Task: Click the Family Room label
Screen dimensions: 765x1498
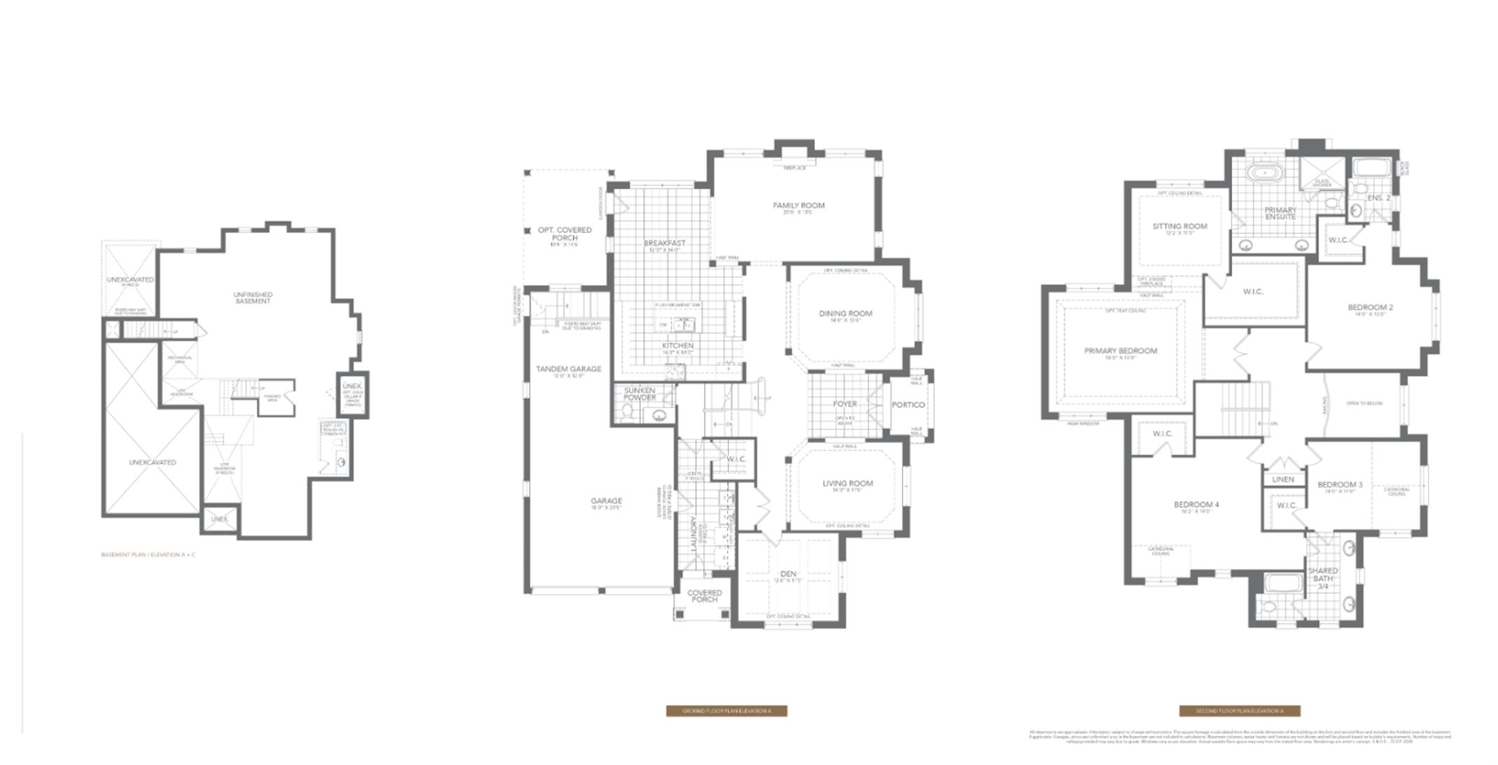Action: pyautogui.click(x=798, y=206)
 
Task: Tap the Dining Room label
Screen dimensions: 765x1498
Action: pyautogui.click(x=845, y=314)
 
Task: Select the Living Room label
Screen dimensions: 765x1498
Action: pyautogui.click(x=847, y=484)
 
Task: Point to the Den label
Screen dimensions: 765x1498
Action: pyautogui.click(x=789, y=575)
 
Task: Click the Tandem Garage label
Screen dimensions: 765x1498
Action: pyautogui.click(x=568, y=369)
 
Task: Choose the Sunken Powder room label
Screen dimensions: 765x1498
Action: pyautogui.click(x=640, y=394)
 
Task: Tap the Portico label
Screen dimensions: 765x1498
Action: pyautogui.click(x=908, y=405)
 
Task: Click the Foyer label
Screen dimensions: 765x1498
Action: pyautogui.click(x=845, y=405)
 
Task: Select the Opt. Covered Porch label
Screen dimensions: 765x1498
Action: pyautogui.click(x=565, y=234)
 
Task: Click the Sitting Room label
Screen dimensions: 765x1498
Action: pyautogui.click(x=1180, y=226)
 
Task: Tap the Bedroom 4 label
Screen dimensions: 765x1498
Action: pyautogui.click(x=1196, y=505)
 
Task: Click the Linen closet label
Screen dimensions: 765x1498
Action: pyautogui.click(x=1283, y=479)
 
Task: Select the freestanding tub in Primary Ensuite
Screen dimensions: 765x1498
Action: pyautogui.click(x=1264, y=171)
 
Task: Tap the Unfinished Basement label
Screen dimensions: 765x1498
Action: pyautogui.click(x=253, y=297)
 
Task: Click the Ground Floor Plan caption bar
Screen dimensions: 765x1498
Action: pyautogui.click(x=726, y=711)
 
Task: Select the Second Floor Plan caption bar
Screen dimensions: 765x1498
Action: pyautogui.click(x=1239, y=711)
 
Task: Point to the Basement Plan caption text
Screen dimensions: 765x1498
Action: pyautogui.click(x=148, y=555)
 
